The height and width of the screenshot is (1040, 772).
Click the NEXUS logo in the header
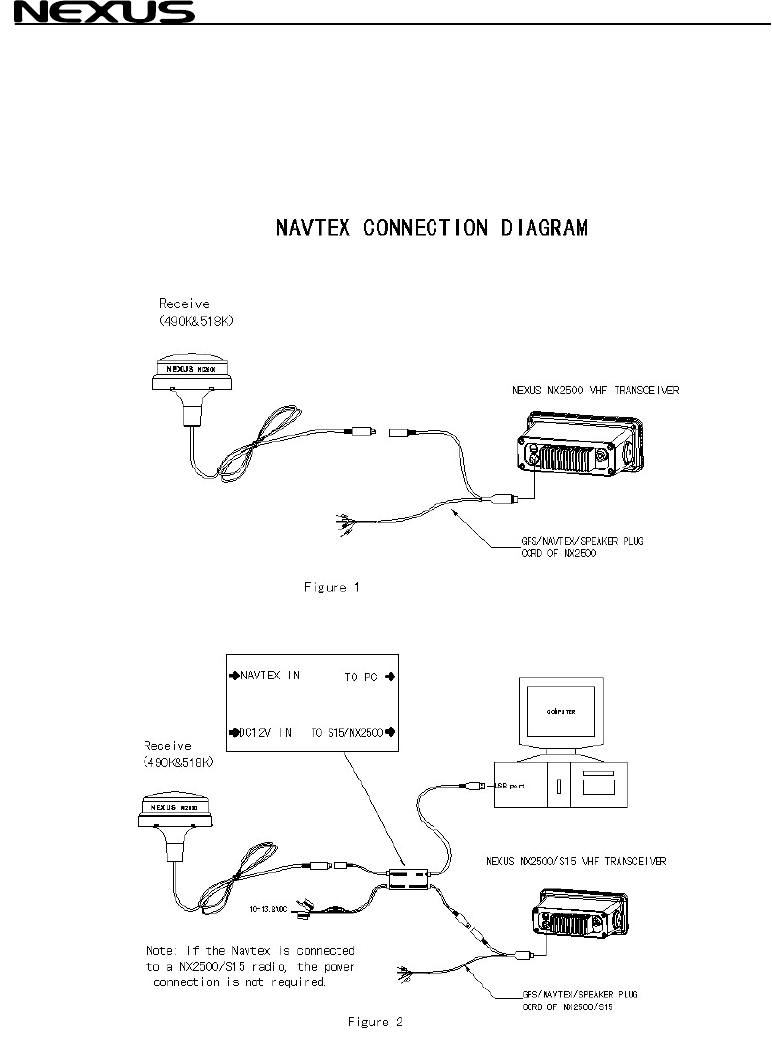point(97,13)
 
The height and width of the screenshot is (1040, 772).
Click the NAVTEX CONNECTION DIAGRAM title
point(431,228)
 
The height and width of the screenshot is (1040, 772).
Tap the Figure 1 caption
point(332,587)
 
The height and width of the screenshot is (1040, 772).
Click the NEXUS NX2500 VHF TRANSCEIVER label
point(588,390)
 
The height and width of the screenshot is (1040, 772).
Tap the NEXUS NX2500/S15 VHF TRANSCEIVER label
point(575,861)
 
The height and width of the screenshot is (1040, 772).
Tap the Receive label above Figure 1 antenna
point(185,304)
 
